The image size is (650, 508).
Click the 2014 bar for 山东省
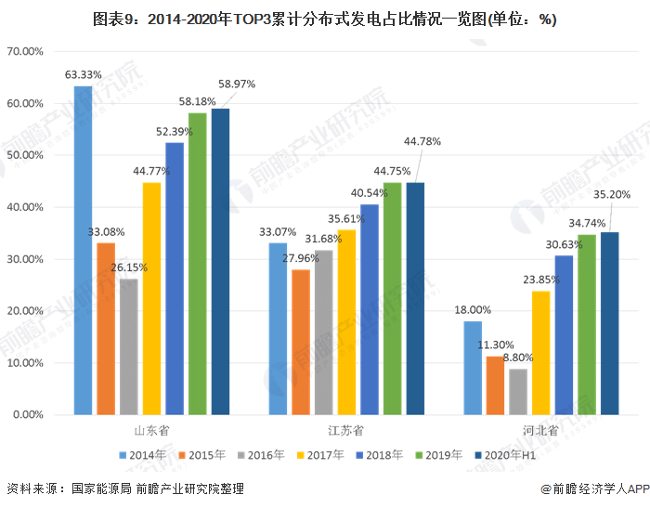point(84,251)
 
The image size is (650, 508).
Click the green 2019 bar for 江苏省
point(392,298)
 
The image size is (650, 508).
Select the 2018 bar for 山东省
point(175,279)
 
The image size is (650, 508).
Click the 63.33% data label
point(83,74)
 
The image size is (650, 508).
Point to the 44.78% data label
point(422,141)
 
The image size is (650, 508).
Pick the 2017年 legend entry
point(321,455)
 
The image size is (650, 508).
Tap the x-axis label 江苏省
point(346,431)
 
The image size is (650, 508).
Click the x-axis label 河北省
point(541,431)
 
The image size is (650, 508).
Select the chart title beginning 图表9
point(325,19)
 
